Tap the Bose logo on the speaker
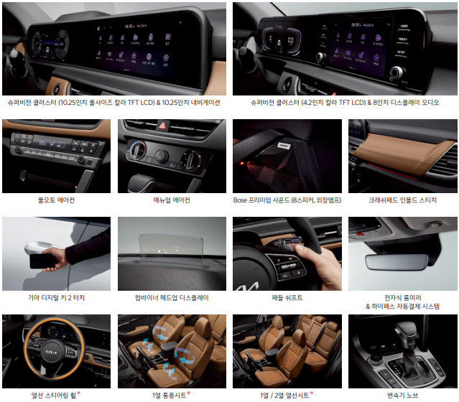(x=284, y=146)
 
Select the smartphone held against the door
(x=42, y=261)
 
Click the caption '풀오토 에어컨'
(x=56, y=200)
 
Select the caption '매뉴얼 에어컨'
(x=172, y=200)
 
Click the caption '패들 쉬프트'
(x=287, y=297)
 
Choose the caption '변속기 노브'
(x=402, y=396)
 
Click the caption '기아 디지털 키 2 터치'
(x=56, y=297)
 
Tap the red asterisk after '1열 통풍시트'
(x=189, y=394)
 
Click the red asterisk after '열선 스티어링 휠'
(x=79, y=394)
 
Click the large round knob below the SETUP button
(x=397, y=72)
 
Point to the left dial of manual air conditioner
(x=137, y=149)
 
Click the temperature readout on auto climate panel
(x=42, y=144)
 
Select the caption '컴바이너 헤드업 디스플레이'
(x=172, y=297)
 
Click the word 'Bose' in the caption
(x=240, y=200)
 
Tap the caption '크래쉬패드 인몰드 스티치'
(x=402, y=200)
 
